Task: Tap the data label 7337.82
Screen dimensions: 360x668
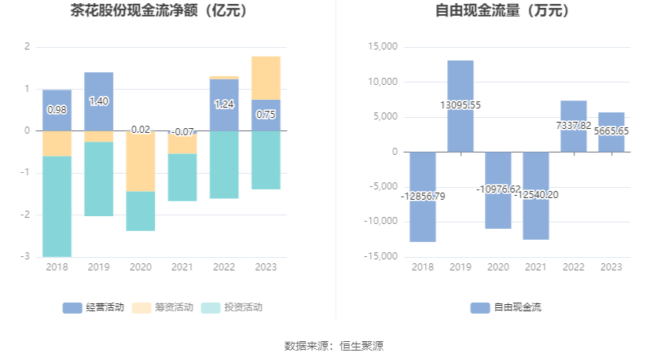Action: point(574,125)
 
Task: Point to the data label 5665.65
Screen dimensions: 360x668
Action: point(611,131)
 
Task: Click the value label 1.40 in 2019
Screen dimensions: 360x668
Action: point(99,101)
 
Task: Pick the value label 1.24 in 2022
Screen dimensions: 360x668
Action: point(224,104)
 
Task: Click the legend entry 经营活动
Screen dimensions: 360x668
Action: point(94,307)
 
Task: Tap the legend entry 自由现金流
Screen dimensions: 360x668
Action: point(506,307)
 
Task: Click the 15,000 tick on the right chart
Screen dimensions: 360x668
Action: point(381,47)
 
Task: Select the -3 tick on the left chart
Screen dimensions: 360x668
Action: point(26,256)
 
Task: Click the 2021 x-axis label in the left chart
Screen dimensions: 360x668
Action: point(182,267)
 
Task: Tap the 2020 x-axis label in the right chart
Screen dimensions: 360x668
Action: point(498,267)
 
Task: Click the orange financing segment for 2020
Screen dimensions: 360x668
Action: point(141,161)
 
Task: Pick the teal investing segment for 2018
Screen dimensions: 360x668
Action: point(57,206)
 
